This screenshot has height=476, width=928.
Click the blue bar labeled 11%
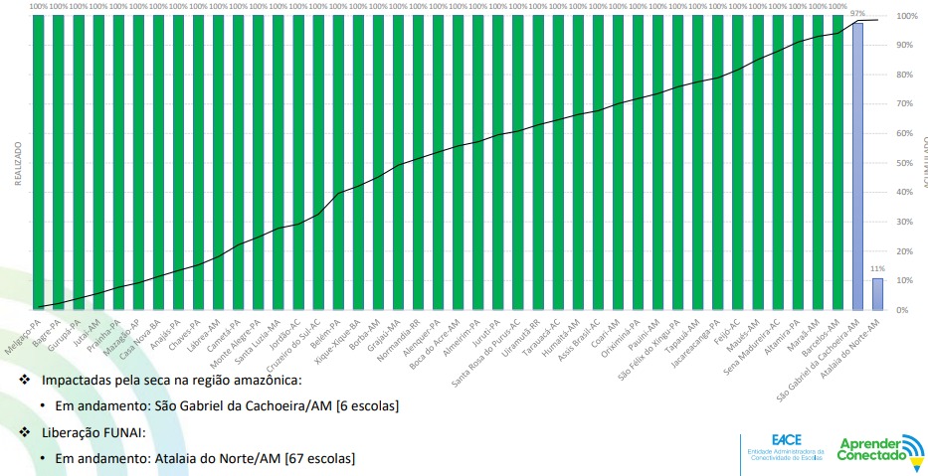pyautogui.click(x=877, y=294)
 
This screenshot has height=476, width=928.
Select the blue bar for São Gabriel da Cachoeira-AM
pyautogui.click(x=857, y=165)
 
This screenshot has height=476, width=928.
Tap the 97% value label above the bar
pyautogui.click(x=857, y=14)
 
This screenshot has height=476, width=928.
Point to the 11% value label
pyautogui.click(x=877, y=269)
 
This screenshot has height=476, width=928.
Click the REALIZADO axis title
pyautogui.click(x=17, y=162)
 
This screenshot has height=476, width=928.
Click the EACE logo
pyautogui.click(x=785, y=447)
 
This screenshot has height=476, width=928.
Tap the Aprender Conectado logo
pyautogui.click(x=876, y=449)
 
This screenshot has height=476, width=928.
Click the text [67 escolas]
pyautogui.click(x=319, y=458)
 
